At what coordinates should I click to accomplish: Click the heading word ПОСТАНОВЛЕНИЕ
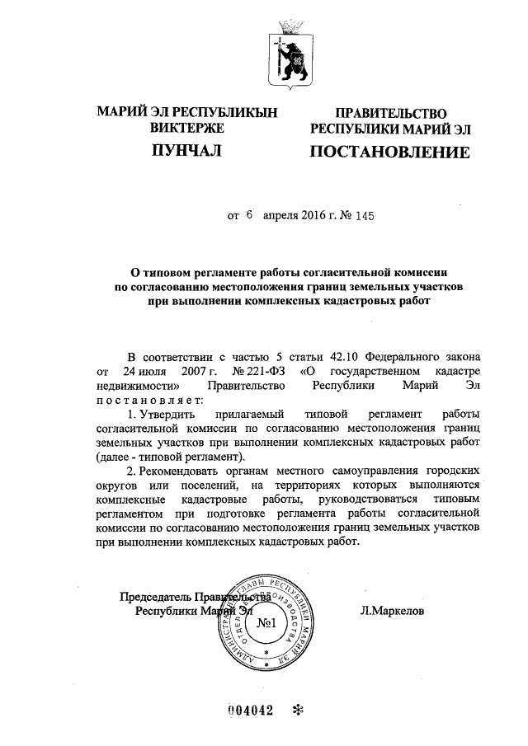pyautogui.click(x=389, y=152)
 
